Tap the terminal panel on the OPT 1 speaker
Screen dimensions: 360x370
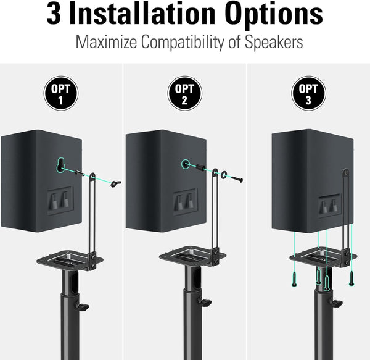click(60, 198)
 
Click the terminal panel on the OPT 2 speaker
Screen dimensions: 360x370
click(185, 201)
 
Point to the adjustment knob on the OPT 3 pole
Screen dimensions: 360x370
click(336, 303)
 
